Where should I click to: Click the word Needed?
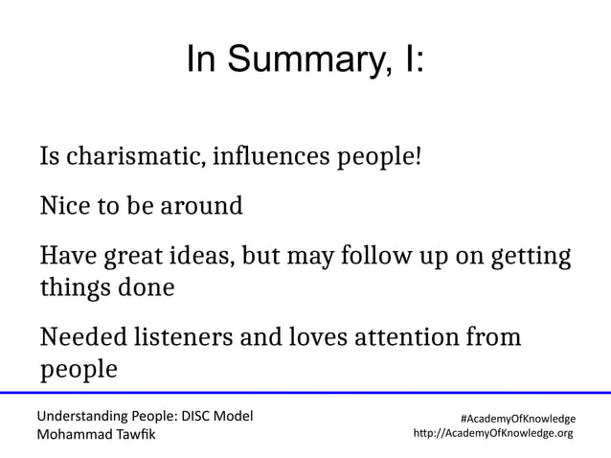click(x=82, y=338)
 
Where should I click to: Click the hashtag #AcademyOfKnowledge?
click(x=518, y=419)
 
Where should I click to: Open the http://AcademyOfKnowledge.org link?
click(x=492, y=433)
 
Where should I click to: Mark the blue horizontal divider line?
click(x=305, y=393)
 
